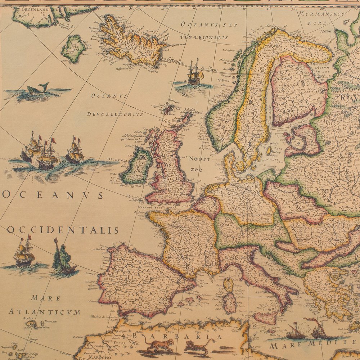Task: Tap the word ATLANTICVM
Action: point(45,312)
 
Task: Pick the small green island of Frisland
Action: point(73,48)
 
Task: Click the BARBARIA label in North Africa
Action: point(173,336)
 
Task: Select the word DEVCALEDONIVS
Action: point(115,114)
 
